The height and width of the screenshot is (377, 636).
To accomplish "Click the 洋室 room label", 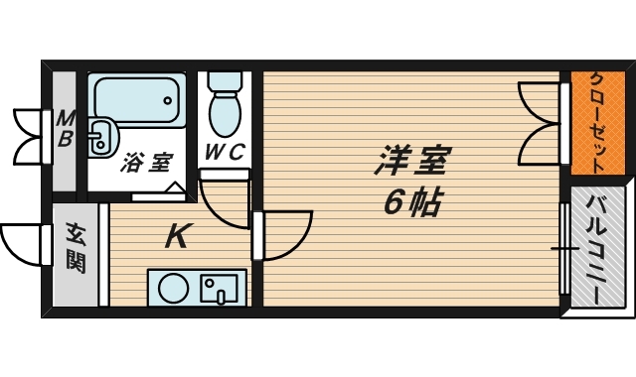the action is point(410,161).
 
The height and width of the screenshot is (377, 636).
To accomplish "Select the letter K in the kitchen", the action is point(177,236).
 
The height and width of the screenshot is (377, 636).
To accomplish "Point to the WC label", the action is point(225,152).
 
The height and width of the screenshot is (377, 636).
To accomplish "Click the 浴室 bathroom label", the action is point(147,163).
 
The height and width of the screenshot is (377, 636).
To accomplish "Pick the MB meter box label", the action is point(66,129).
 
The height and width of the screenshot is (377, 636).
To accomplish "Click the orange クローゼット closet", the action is point(598,123).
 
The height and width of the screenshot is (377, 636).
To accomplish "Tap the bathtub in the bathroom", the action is point(136,101).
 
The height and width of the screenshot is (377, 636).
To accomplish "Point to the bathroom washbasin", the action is point(103,137).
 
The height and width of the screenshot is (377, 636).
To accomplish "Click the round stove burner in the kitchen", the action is point(174,289).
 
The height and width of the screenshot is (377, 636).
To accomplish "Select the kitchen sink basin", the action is point(220,289).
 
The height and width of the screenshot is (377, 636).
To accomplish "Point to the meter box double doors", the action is point(29,137).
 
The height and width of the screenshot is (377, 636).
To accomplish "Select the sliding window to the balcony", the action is point(564,249).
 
